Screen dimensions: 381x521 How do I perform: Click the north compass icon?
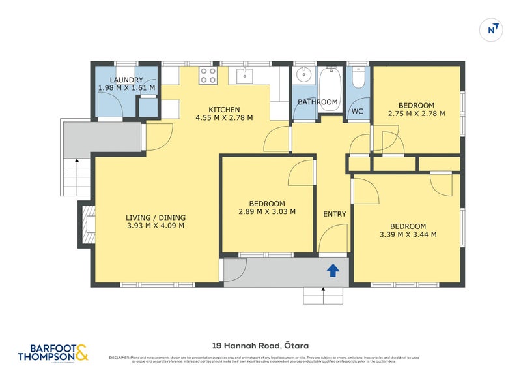[493, 29]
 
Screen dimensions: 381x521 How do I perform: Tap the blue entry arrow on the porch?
[333, 269]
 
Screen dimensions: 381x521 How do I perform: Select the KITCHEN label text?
[224, 110]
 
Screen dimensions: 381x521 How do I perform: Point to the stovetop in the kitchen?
[208, 75]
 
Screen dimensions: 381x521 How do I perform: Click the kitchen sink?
[244, 75]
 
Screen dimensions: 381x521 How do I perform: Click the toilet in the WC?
[357, 79]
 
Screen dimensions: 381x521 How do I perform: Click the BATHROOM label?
[317, 102]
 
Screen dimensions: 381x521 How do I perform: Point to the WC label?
[357, 112]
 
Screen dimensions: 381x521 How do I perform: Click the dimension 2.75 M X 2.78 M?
[416, 114]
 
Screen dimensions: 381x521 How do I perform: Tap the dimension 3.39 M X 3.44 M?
[407, 235]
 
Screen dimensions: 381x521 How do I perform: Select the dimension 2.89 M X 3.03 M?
[267, 211]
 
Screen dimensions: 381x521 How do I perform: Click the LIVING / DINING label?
[156, 218]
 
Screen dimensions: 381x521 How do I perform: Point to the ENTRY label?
[335, 214]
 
